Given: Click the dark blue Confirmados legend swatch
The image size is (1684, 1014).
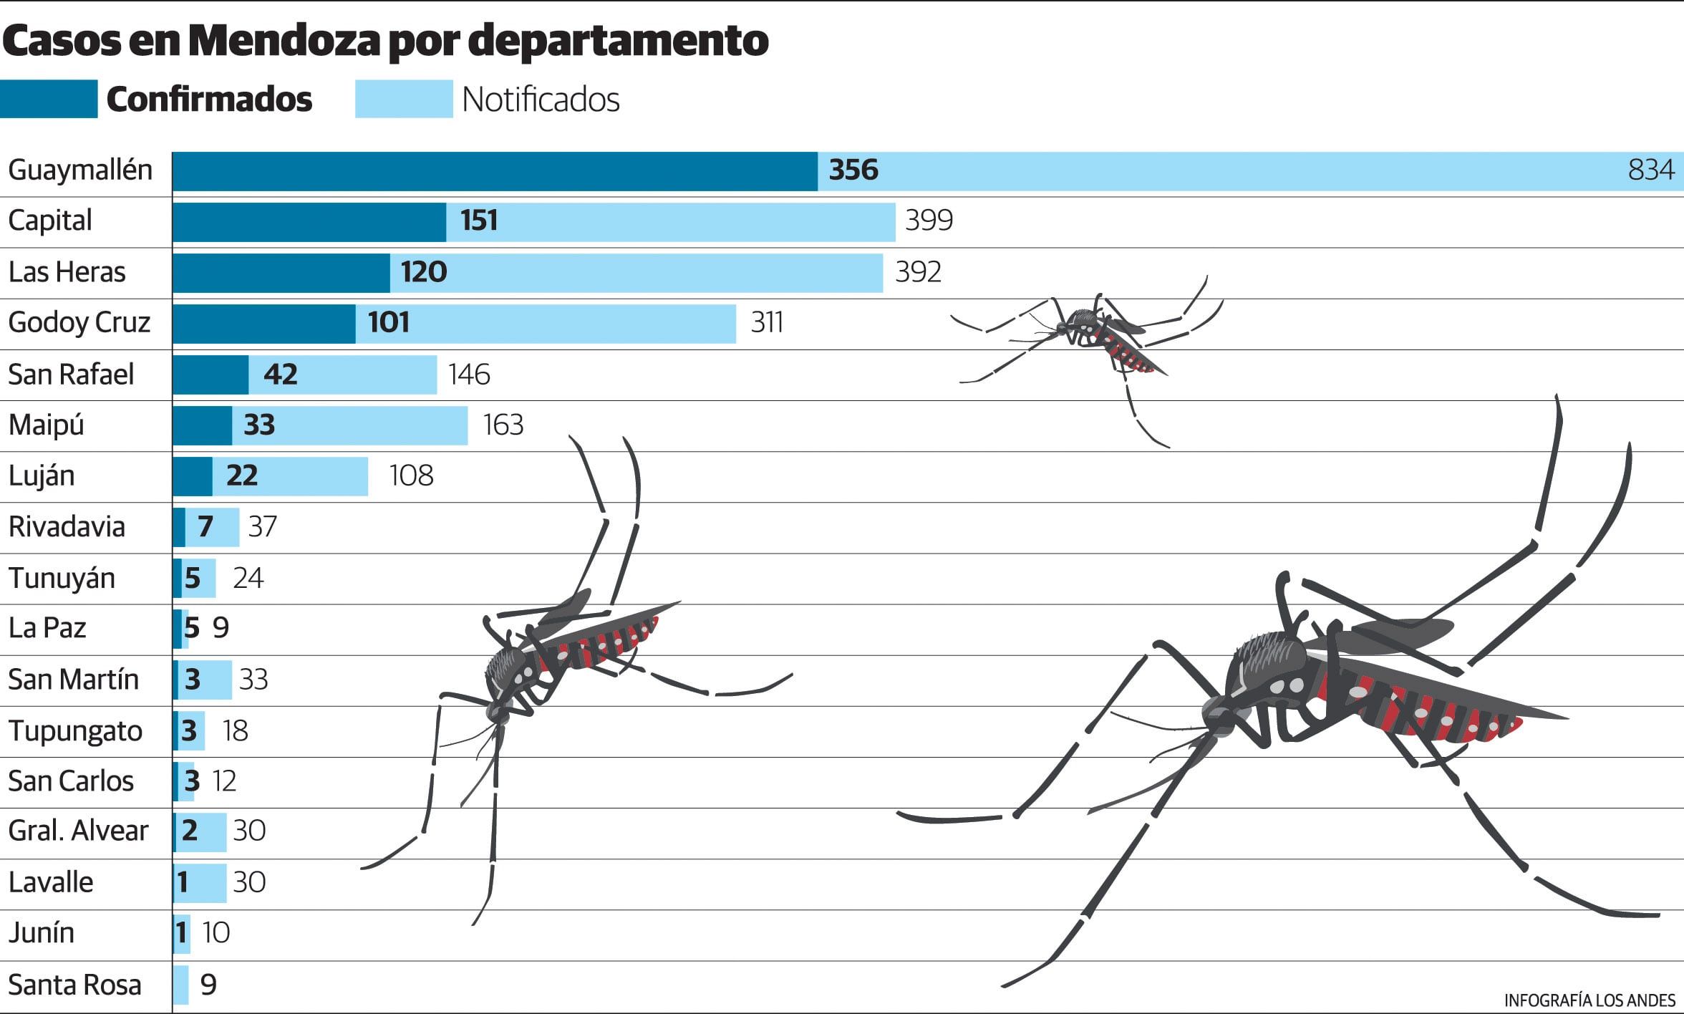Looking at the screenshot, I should (49, 99).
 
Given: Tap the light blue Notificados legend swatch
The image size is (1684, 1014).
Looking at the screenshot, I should (404, 99).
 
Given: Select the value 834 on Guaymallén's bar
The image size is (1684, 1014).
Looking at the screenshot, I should (1650, 170).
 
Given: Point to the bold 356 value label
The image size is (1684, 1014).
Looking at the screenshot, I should (853, 170).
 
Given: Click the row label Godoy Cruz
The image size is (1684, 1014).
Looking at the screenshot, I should (79, 323).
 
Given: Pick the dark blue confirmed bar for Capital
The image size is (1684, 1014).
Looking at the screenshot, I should (309, 222).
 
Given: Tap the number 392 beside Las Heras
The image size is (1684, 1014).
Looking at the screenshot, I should (918, 272).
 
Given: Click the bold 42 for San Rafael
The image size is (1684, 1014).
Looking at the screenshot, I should (280, 375).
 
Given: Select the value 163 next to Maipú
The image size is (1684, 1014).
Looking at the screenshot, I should (503, 425).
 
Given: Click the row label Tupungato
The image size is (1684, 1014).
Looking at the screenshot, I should (75, 731).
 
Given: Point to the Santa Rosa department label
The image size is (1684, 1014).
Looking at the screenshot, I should (74, 985).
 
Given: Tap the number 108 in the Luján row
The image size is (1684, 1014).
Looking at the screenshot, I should (411, 476).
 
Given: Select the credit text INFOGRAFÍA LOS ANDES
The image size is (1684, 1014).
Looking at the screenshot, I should (1589, 1000).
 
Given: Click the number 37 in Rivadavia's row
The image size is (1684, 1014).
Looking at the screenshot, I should (262, 527).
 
